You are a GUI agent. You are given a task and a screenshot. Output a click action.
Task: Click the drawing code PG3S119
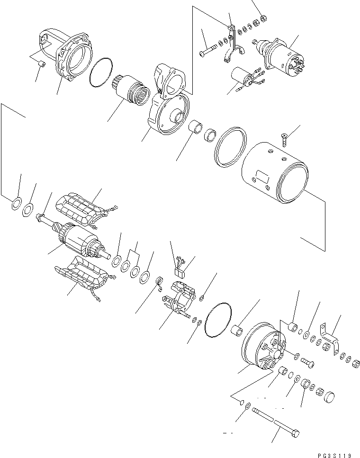[x=334, y=455]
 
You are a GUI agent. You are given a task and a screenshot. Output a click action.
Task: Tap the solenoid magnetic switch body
[x=282, y=56]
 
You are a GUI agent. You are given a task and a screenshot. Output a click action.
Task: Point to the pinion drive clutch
[x=131, y=90]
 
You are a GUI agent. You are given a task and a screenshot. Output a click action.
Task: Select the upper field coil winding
[x=85, y=209]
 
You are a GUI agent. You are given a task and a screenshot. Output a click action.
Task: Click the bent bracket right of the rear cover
[x=330, y=338]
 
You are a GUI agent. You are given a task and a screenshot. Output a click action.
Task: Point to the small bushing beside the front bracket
[x=42, y=64]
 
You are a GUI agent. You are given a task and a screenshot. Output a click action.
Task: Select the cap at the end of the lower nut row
[x=329, y=396]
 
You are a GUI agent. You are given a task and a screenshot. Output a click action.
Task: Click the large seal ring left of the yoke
[x=230, y=147]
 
